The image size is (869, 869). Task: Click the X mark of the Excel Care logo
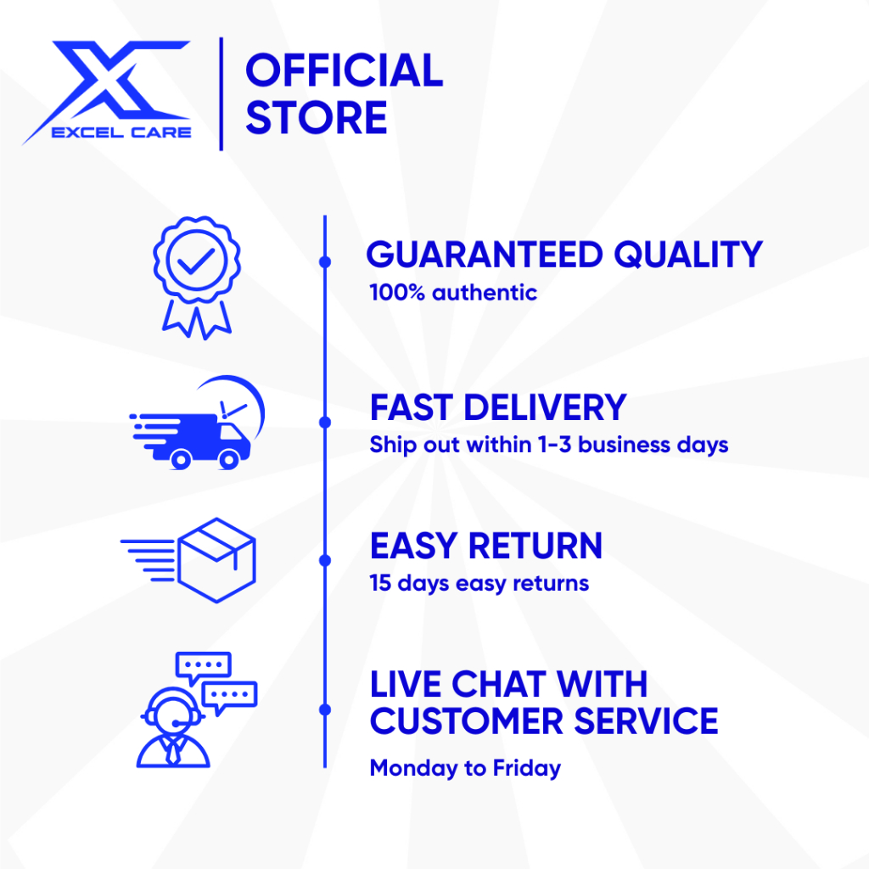111,83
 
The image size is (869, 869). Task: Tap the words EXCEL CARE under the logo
121,132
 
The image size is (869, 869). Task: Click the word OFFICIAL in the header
345,70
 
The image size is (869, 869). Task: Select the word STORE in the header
316,117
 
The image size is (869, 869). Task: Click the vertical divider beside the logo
221,93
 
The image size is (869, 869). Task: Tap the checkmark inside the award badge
196,261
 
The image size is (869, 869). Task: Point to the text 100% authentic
453,293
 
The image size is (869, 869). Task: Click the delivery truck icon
197,423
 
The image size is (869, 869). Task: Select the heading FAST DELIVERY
497,407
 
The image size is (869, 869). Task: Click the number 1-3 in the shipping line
555,445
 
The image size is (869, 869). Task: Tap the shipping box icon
188,560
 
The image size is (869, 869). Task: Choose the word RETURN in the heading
535,546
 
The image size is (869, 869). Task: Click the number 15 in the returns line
380,583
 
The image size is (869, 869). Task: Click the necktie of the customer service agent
173,753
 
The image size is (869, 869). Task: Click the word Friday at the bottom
526,769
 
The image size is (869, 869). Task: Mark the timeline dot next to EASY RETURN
325,560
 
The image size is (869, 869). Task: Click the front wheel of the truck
229,459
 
